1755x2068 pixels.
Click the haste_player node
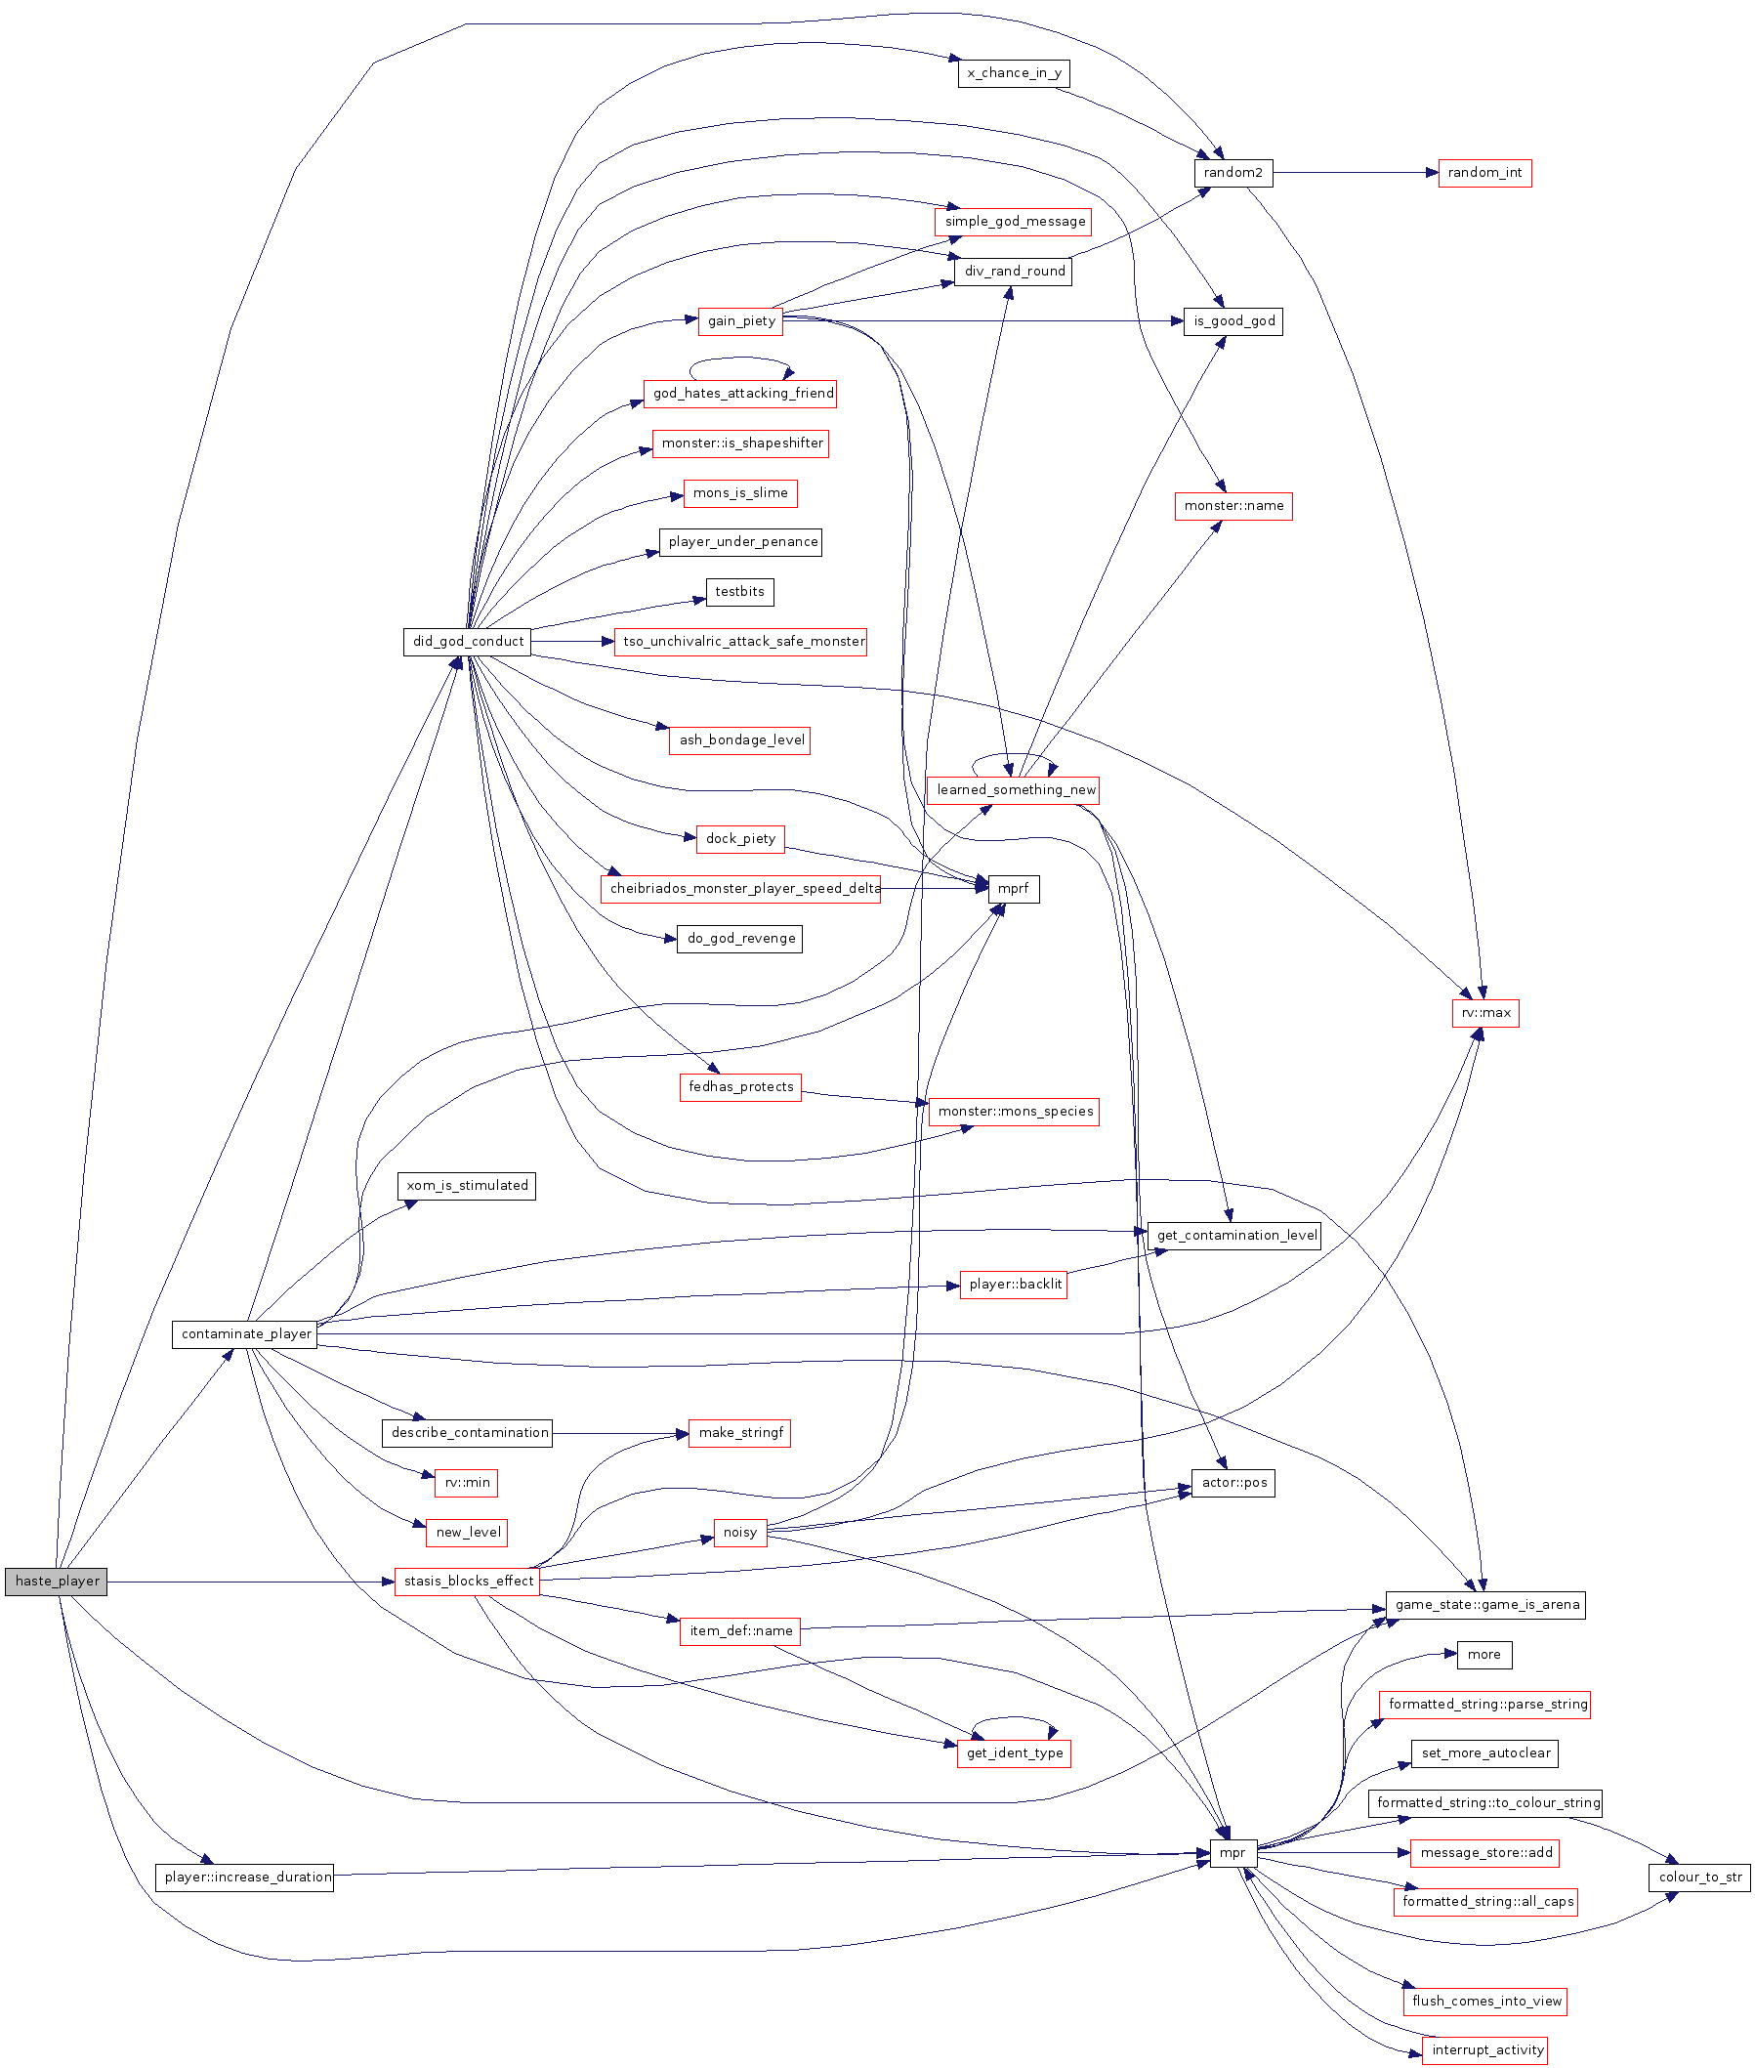57,1582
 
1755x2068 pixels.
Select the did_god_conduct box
468,642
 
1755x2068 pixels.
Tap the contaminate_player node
246,1334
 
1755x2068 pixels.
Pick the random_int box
1484,173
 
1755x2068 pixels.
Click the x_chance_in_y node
1014,73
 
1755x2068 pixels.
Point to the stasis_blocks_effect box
468,1582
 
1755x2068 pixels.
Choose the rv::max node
1485,1013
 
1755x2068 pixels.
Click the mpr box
1233,1853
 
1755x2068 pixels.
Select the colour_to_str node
1699,1878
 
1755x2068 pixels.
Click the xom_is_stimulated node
467,1186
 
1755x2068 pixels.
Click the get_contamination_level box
1234,1236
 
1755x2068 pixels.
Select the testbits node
739,592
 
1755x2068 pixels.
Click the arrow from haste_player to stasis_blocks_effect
249,1582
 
